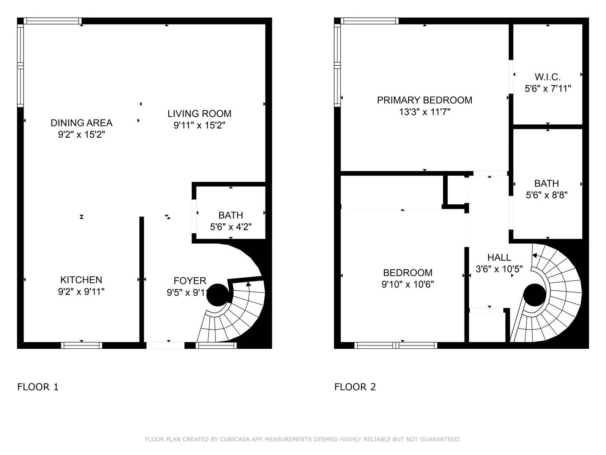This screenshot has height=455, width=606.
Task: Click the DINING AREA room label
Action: pyautogui.click(x=81, y=123)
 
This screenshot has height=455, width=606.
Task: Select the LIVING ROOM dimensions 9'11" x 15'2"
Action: pyautogui.click(x=199, y=126)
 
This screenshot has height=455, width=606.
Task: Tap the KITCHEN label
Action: pyautogui.click(x=81, y=280)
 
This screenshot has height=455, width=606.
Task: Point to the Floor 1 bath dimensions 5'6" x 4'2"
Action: pyautogui.click(x=231, y=227)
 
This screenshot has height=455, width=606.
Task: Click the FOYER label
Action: pyautogui.click(x=190, y=281)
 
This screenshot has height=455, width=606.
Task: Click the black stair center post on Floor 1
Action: pyautogui.click(x=218, y=294)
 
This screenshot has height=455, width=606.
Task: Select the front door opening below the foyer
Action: pyautogui.click(x=165, y=345)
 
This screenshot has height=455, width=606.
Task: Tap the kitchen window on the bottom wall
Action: pyautogui.click(x=82, y=345)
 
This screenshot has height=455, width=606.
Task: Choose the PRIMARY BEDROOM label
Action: pyautogui.click(x=424, y=100)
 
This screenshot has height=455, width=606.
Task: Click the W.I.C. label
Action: pyautogui.click(x=548, y=77)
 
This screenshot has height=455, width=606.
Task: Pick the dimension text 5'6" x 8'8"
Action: pyautogui.click(x=547, y=195)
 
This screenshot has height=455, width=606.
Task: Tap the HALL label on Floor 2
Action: pyautogui.click(x=499, y=257)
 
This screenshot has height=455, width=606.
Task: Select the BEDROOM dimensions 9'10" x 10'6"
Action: pyautogui.click(x=407, y=284)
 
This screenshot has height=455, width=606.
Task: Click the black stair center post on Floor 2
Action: pyautogui.click(x=534, y=295)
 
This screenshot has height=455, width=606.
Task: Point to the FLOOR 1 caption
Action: pyautogui.click(x=38, y=387)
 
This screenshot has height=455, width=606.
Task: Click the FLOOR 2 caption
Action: pyautogui.click(x=355, y=387)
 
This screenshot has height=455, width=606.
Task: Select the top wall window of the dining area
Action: pyautogui.click(x=53, y=21)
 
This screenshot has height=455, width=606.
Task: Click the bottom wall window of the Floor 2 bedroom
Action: pyautogui.click(x=396, y=345)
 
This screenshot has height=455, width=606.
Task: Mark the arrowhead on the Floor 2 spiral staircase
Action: pyautogui.click(x=534, y=255)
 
